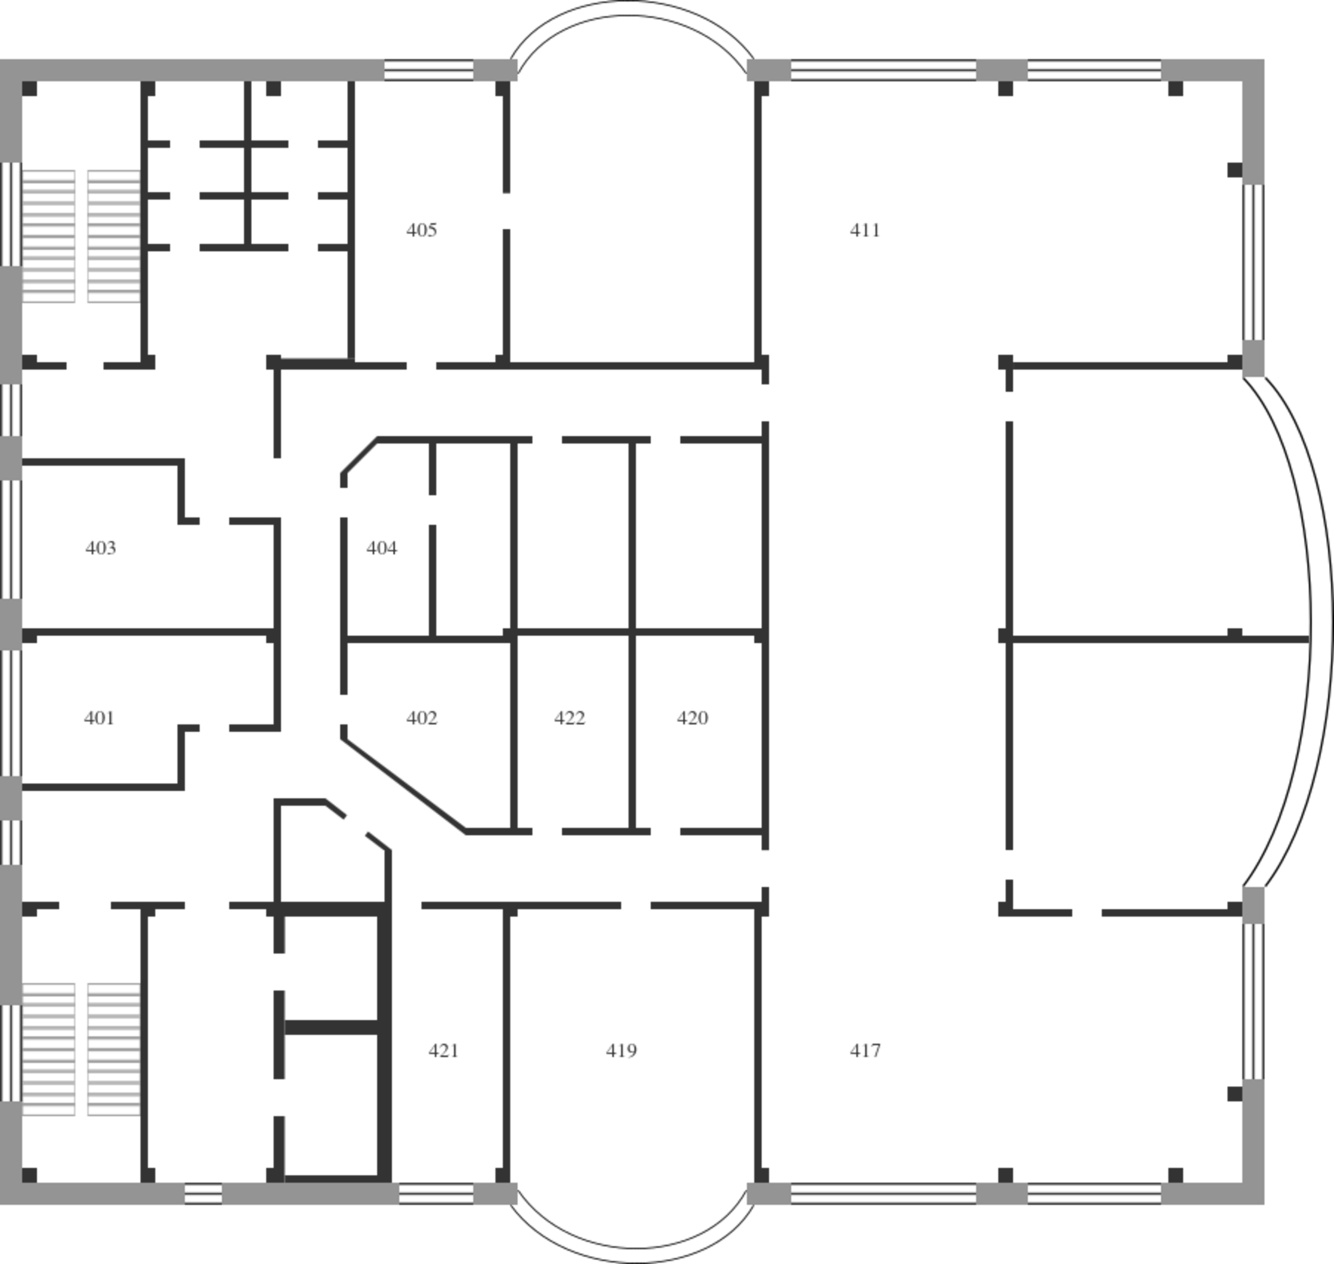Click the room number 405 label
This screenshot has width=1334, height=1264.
[x=422, y=230]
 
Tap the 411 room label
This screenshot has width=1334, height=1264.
[x=865, y=230]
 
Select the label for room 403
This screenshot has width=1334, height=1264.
[x=101, y=548]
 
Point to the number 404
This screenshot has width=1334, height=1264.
[x=381, y=548]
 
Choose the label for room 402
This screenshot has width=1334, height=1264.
[x=422, y=718]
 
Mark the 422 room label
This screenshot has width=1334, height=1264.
[x=569, y=718]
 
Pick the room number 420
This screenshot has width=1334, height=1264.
[x=693, y=718]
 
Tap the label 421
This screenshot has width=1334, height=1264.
[x=443, y=1050]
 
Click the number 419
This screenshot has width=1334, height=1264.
[x=621, y=1050]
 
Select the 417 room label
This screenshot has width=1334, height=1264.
[x=865, y=1050]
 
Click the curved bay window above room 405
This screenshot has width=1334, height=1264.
[x=632, y=8]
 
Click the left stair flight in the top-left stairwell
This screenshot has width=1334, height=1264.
[x=49, y=236]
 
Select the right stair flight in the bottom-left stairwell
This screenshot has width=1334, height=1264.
[x=114, y=1049]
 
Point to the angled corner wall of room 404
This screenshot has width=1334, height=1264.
[x=359, y=456]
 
